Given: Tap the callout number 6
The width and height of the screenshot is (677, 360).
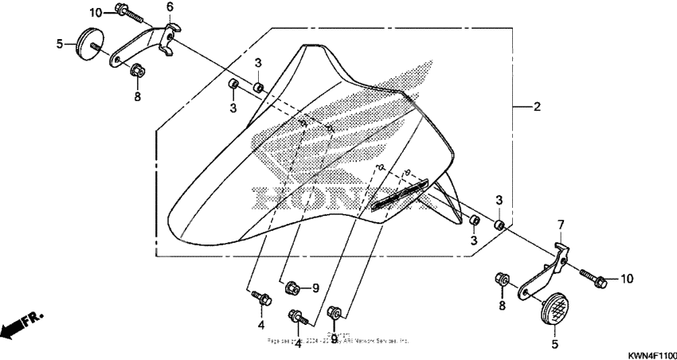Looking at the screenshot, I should [x=170, y=6].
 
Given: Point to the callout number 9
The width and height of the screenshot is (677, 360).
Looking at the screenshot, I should [x=315, y=288].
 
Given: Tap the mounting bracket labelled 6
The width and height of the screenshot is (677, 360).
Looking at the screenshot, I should [x=143, y=48].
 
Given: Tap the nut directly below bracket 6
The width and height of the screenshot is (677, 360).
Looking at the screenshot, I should [x=137, y=72].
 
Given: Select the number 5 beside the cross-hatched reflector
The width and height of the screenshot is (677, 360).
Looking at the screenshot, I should [x=555, y=345].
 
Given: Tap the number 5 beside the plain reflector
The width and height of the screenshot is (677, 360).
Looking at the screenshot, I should [x=60, y=44].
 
